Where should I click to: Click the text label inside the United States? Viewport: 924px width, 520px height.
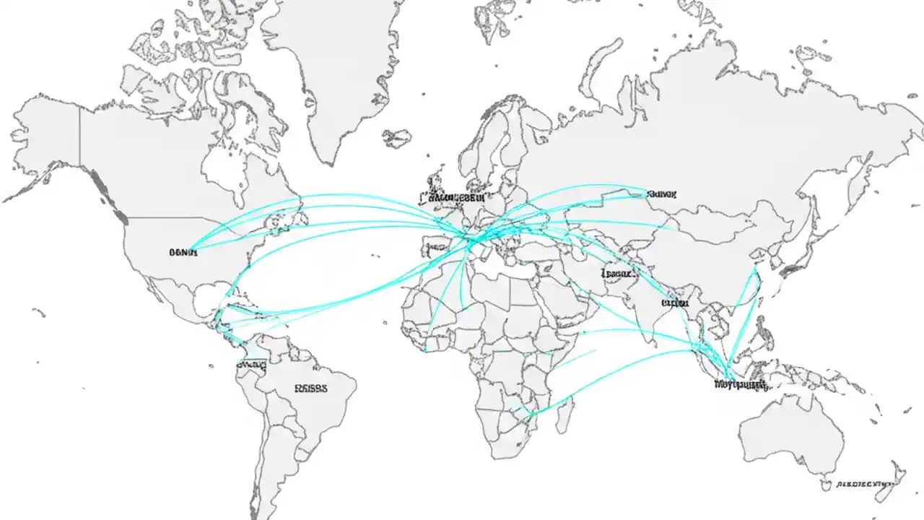183,253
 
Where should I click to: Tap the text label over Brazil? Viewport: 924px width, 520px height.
311,388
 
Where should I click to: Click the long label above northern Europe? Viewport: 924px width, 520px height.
452,196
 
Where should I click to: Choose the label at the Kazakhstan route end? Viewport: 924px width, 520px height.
662,194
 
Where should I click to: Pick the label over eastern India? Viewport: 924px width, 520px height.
676,303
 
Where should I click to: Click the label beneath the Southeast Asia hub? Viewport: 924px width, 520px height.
740,385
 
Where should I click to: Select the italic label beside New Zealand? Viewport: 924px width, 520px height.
865,485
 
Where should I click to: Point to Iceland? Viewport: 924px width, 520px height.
396,137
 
